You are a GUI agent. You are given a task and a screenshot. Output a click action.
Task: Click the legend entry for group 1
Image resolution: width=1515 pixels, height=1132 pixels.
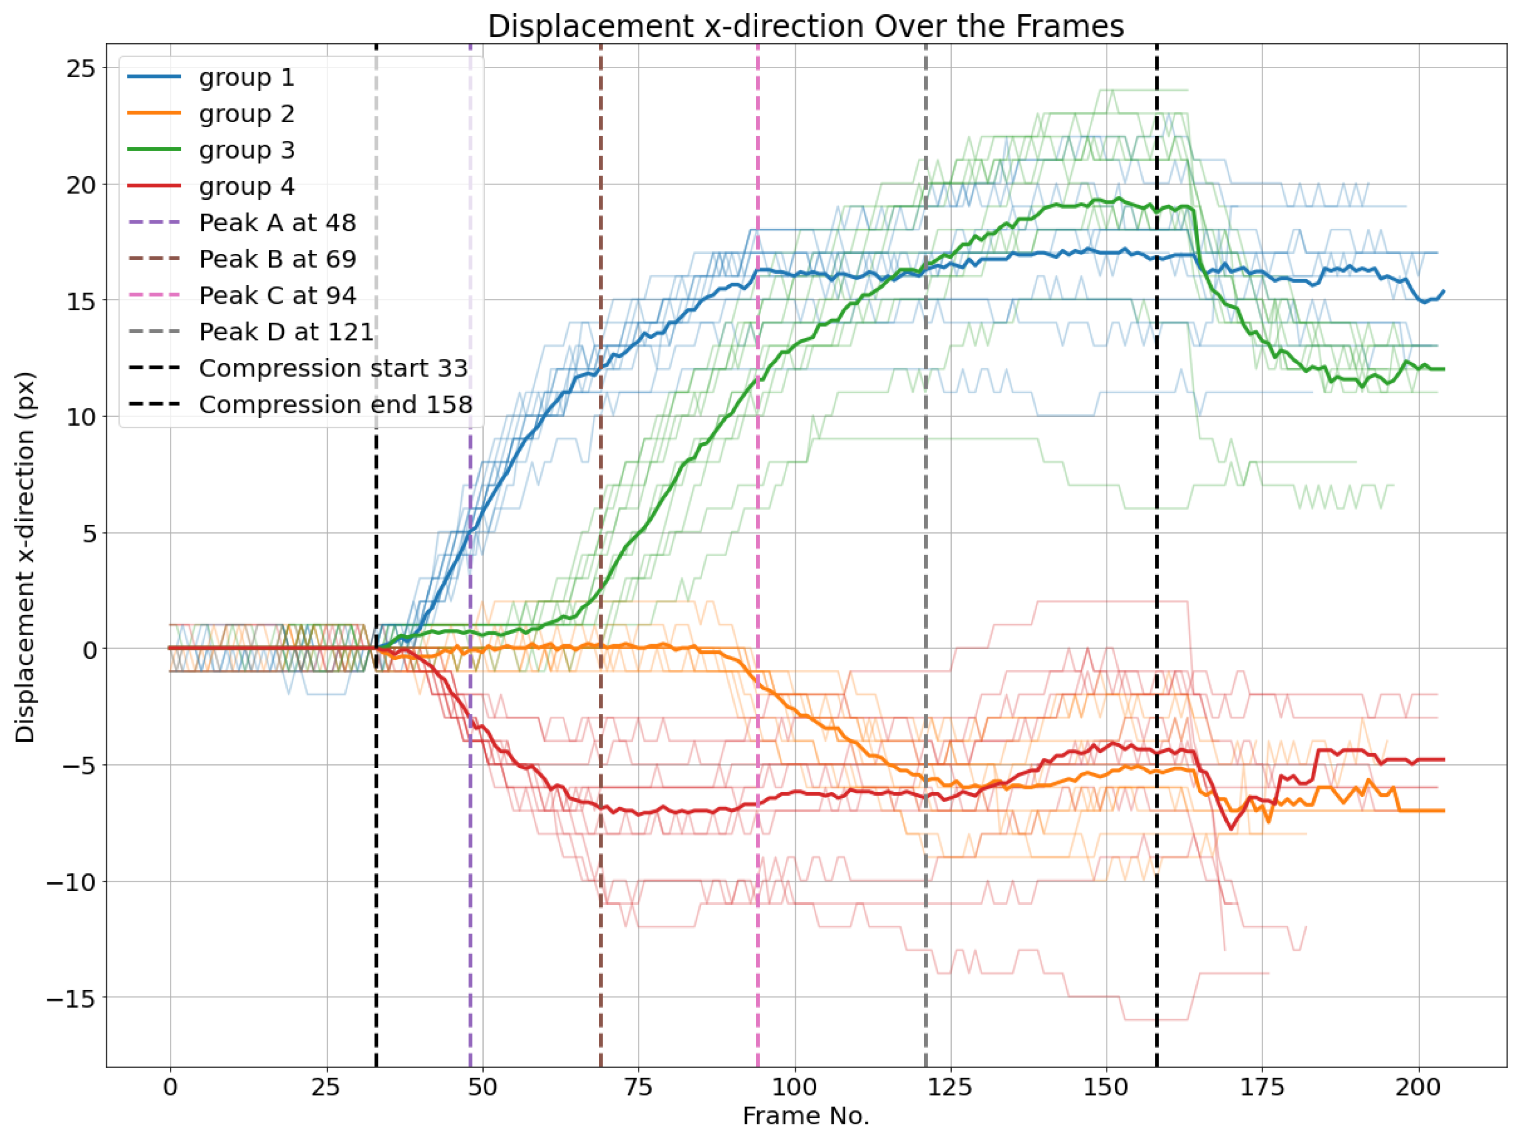click(x=247, y=78)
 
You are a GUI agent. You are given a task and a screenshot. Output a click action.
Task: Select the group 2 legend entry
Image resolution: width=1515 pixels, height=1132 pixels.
click(x=247, y=114)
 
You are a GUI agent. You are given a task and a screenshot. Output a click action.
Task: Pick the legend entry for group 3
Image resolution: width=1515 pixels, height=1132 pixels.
click(x=247, y=150)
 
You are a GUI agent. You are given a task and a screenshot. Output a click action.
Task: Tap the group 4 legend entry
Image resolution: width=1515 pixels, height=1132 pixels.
click(x=247, y=186)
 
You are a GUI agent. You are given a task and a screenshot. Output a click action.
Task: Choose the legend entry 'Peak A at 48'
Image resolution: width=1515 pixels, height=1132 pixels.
click(x=277, y=222)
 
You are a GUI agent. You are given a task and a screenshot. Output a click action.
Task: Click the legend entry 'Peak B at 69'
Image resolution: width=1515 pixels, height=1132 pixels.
click(x=277, y=259)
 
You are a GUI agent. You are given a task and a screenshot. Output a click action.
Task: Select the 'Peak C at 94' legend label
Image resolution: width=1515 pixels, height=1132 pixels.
click(x=277, y=295)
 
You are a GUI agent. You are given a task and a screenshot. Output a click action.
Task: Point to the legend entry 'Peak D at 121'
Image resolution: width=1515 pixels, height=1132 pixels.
click(x=286, y=331)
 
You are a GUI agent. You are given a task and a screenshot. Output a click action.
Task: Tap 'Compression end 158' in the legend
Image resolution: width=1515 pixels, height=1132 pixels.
click(x=335, y=404)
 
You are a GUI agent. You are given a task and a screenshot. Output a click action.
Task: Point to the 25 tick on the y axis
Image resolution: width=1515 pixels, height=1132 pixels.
click(x=81, y=69)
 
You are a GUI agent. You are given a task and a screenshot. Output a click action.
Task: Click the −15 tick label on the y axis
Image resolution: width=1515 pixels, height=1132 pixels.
click(x=72, y=998)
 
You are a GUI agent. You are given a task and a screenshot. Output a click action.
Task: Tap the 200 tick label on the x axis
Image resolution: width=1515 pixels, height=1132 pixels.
click(x=1418, y=1087)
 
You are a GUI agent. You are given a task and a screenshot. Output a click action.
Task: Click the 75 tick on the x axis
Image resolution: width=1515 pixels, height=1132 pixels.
click(x=638, y=1087)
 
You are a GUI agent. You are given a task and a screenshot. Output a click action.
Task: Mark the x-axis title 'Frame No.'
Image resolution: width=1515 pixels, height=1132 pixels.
click(x=805, y=1116)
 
